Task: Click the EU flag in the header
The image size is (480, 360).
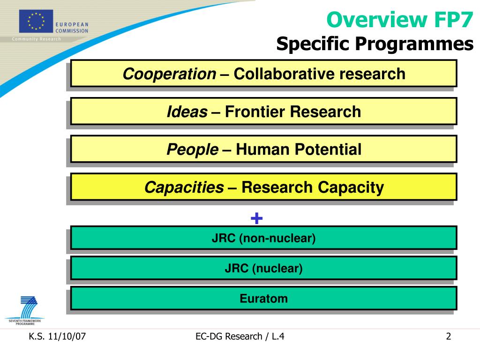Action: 36,21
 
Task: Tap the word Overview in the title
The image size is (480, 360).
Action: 376,20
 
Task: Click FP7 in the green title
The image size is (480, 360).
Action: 454,20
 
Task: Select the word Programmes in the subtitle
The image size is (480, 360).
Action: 414,44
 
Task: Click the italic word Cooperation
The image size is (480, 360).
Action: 169,74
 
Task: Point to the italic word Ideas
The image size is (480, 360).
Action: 187,112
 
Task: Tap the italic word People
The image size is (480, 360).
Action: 193,150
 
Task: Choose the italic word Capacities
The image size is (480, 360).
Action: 184,187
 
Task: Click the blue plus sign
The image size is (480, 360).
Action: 256,218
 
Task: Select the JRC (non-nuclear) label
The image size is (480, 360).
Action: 263,238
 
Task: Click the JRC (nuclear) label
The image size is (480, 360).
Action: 263,268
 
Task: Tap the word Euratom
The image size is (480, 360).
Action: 263,298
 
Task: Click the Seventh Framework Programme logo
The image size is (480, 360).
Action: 25,310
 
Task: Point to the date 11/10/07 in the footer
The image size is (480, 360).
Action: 67,337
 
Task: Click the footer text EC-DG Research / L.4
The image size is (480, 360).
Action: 240,337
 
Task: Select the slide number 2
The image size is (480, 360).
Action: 449,337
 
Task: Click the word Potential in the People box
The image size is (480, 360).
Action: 328,150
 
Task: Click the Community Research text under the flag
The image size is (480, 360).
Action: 37,39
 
